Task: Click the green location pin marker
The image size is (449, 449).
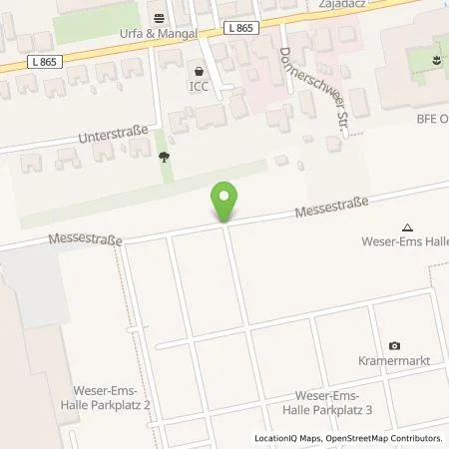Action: (224, 202)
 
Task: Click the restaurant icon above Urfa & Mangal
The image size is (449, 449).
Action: (159, 17)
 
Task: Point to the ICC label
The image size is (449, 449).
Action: (201, 87)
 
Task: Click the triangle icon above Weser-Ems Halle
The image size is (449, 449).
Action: (406, 227)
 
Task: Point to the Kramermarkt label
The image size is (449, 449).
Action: (395, 360)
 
